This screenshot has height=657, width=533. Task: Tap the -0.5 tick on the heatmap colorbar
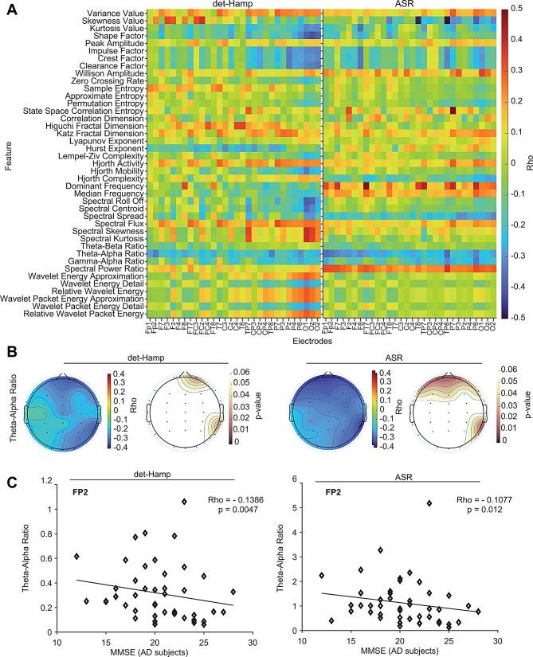click(x=516, y=318)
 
